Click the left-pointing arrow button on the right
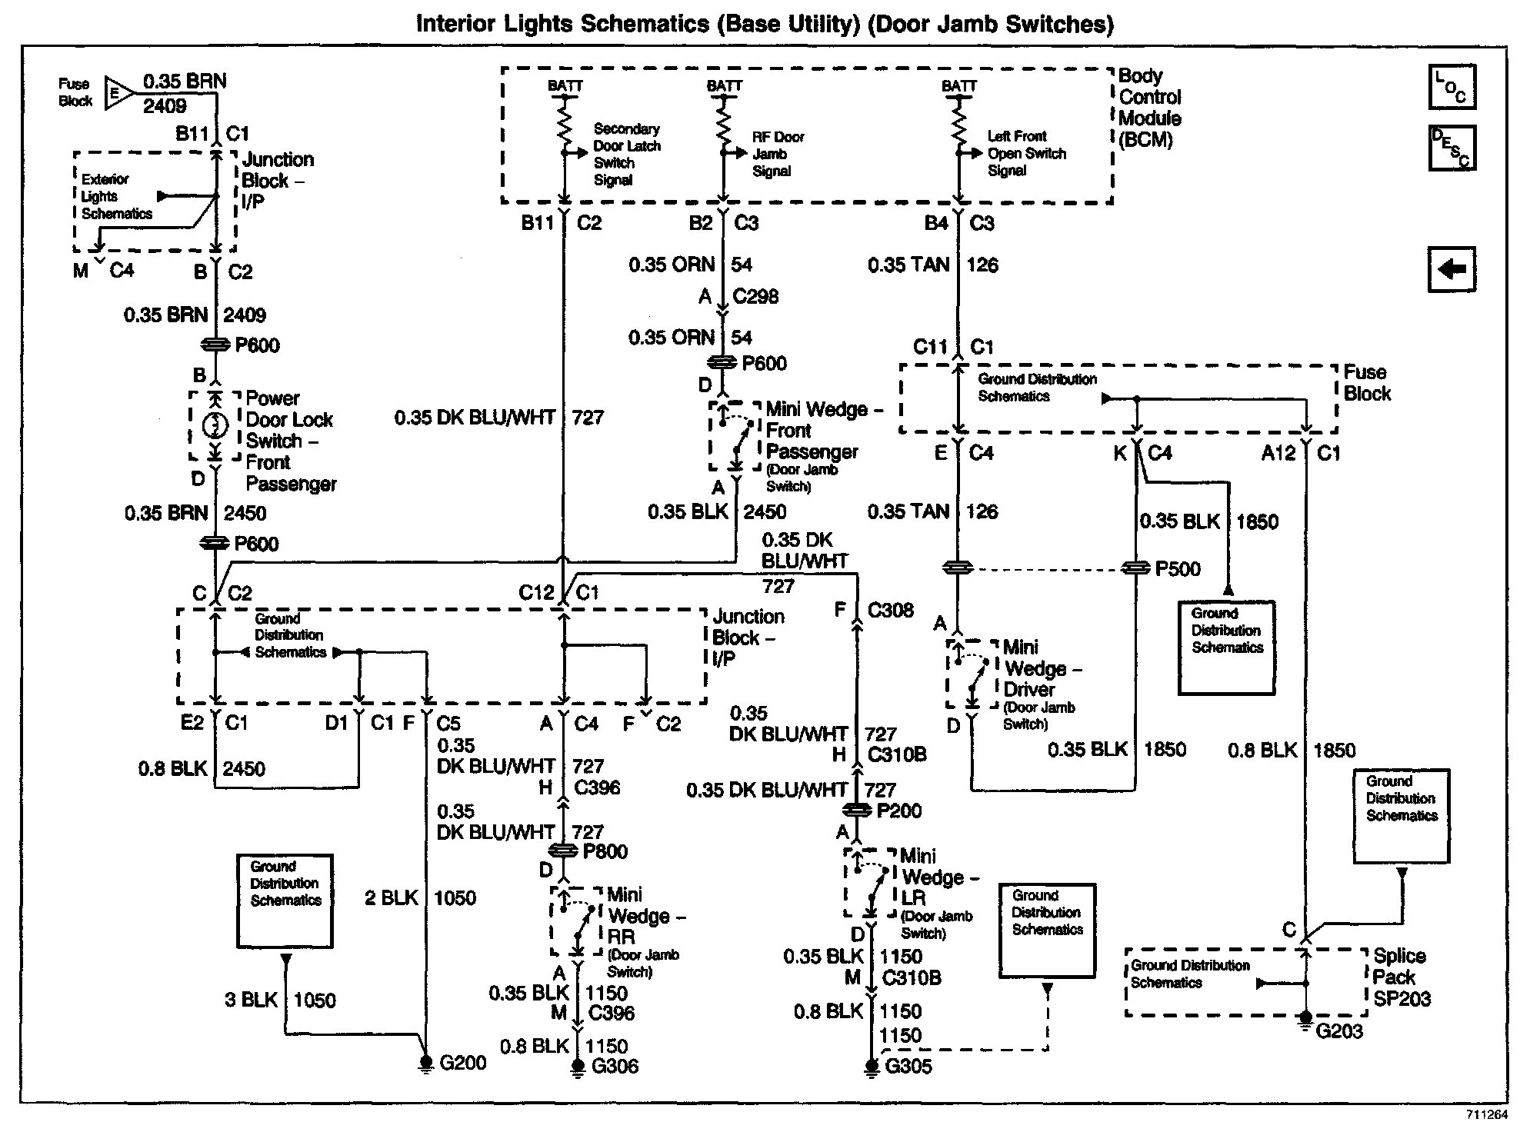1451,269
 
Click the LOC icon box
1451,87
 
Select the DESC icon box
1451,147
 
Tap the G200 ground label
462,1063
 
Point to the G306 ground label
615,1066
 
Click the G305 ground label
908,1066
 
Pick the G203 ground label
1339,1030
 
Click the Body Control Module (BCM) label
1149,108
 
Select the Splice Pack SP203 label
1402,977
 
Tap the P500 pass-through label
1177,569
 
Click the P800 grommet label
605,851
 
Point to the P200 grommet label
898,811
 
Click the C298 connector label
755,296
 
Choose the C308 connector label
890,611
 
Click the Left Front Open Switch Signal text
1026,153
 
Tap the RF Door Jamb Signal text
777,154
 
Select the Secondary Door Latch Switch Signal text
626,155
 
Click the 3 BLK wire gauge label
251,1000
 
